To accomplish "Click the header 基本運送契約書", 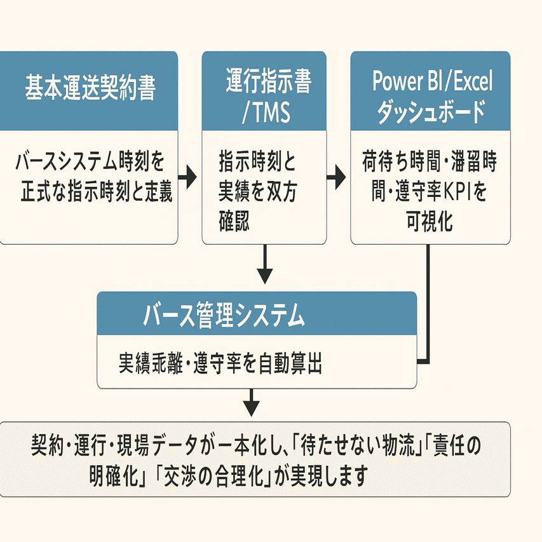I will [89, 89].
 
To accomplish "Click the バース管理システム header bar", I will [257, 313].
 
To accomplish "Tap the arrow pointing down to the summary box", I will [252, 404].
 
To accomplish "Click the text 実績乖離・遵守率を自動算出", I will [220, 363].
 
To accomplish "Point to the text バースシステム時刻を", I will [89, 163].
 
